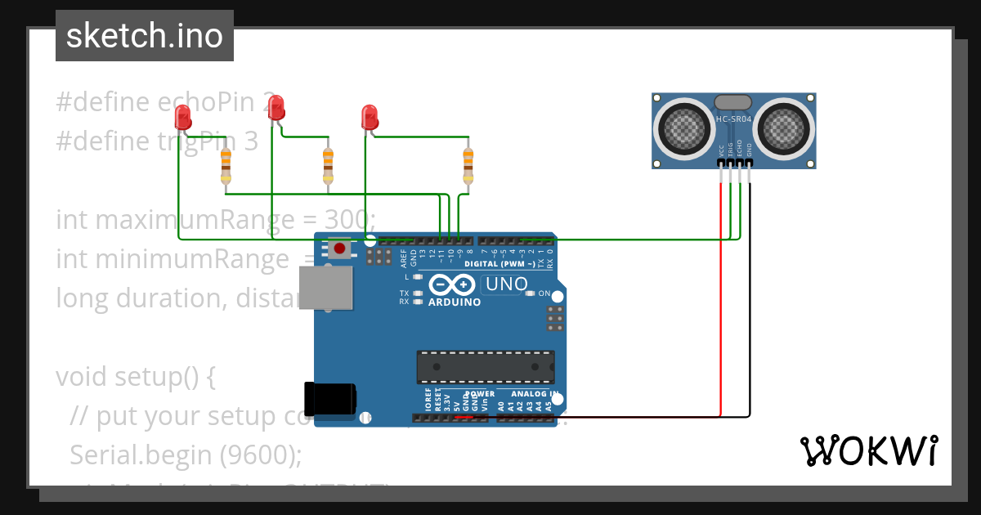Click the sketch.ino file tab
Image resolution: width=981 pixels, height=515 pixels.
pos(145,36)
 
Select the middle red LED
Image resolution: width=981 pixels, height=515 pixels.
pos(276,107)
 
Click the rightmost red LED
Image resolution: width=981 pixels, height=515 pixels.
pos(370,116)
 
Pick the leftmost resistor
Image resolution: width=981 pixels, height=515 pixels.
pos(226,167)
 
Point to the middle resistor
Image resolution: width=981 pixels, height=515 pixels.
pos(328,166)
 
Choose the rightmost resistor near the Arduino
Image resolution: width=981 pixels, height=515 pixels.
pos(468,166)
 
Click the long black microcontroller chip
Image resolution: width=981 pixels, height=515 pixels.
pos(486,367)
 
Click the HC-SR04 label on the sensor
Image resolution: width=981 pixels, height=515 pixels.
pos(733,119)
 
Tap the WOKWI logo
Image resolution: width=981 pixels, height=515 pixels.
pos(868,450)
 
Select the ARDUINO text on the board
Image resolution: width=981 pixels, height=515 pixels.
pos(454,302)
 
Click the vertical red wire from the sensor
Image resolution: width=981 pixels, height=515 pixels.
pos(721,302)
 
